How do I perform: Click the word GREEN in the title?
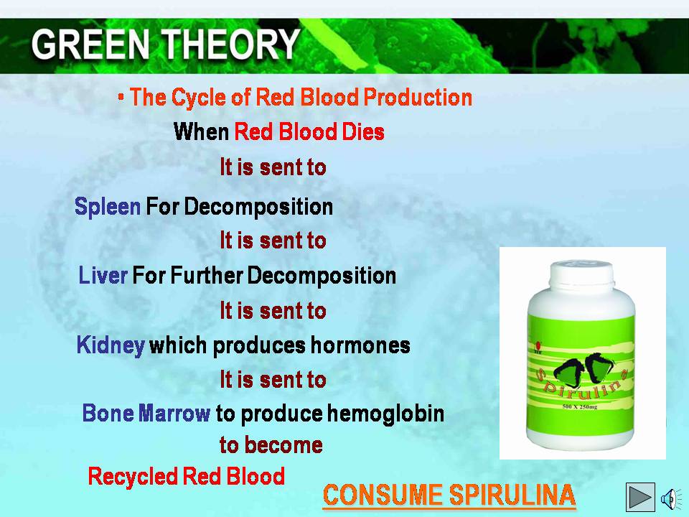90,44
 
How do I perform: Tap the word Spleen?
108,207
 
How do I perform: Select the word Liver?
103,276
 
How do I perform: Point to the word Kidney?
111,345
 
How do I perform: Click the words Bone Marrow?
146,414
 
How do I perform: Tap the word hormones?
361,345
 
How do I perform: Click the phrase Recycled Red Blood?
187,476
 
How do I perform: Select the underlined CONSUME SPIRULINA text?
449,495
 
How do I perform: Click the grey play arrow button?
640,497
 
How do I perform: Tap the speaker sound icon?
671,498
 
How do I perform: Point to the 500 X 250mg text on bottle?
580,406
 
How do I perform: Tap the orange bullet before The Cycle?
121,98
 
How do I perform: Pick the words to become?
271,445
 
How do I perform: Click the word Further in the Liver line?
207,276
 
